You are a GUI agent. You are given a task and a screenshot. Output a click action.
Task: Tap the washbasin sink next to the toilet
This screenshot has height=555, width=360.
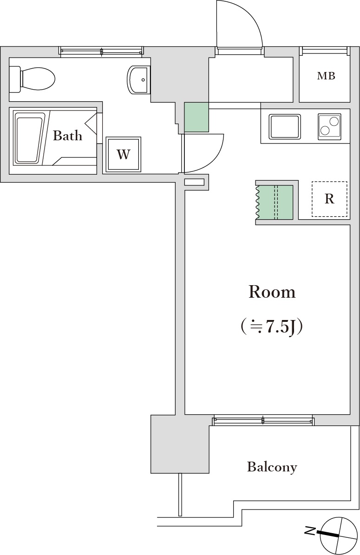pos(138,79)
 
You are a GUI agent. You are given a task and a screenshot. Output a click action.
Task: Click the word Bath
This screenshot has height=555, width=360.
pos(67,136)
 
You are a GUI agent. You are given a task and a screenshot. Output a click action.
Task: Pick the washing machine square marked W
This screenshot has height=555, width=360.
pos(123,154)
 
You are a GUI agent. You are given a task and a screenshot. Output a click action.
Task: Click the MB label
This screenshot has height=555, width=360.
pos(326,76)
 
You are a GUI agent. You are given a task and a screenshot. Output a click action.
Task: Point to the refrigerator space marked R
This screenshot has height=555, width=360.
pos(329,199)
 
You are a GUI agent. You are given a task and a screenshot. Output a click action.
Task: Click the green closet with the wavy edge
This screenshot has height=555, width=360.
pos(275,202)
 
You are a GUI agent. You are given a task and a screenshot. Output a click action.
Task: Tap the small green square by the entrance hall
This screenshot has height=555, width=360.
pos(196,117)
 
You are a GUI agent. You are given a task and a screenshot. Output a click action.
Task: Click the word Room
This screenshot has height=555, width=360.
pos(272,292)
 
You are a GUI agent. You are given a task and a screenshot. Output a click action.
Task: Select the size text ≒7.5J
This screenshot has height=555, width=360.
pos(272,326)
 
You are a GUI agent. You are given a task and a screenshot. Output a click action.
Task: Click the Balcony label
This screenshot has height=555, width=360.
pos(272,467)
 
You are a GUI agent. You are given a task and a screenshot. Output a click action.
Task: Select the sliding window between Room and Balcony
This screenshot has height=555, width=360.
pos(263,421)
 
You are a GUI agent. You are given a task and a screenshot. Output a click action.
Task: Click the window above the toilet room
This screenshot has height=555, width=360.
pos(101,51)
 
